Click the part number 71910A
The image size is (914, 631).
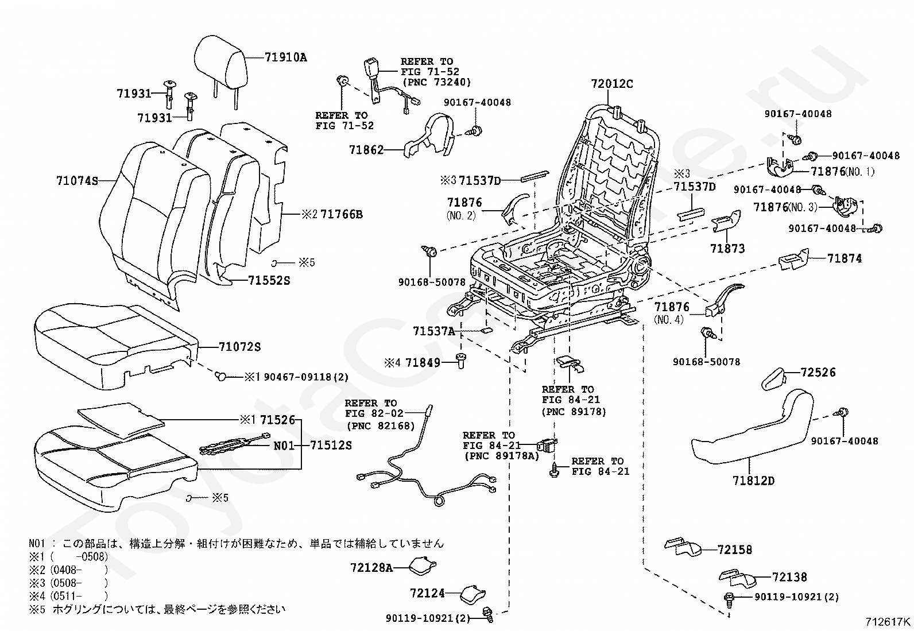point(285,57)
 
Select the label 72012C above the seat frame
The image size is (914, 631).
point(611,84)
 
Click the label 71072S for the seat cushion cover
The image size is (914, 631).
point(239,347)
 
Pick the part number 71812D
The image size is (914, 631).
point(753,480)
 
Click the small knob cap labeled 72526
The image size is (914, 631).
point(772,380)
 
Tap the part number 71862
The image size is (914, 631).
point(366,150)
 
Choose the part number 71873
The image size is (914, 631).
point(727,248)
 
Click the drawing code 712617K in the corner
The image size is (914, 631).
point(888,621)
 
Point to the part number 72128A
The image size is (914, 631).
point(371,568)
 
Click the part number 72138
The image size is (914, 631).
point(789,577)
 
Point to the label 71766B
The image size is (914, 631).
point(342,214)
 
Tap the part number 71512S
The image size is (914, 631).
point(331,444)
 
